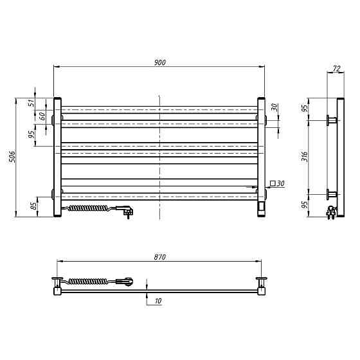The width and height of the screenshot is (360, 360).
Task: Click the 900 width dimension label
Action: (160, 62)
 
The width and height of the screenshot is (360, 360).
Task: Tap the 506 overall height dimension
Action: (12, 157)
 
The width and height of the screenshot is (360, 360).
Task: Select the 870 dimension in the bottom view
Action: (160, 257)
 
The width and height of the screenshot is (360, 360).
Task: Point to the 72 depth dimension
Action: (337, 68)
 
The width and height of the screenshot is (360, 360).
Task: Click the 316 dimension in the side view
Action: (305, 157)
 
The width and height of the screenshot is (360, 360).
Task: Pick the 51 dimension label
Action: (32, 102)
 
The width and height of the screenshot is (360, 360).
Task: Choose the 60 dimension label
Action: (42, 116)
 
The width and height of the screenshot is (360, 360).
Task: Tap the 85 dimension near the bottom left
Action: (33, 206)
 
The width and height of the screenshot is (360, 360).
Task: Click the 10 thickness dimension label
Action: (158, 301)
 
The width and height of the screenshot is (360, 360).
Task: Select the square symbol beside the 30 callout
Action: (273, 183)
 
